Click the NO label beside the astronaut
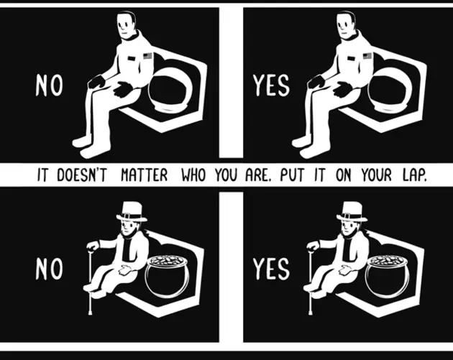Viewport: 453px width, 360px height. coord(49,85)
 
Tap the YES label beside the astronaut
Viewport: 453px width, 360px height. coord(271,85)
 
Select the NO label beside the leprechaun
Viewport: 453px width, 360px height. coord(49,269)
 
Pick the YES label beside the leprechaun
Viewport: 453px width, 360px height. coord(271,269)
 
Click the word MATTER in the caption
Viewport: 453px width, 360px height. coord(144,175)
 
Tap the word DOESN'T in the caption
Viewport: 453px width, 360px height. coord(82,175)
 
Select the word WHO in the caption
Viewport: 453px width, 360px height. coord(193,175)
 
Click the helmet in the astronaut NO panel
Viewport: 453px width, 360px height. coord(170,94)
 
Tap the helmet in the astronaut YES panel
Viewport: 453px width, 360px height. coord(390,94)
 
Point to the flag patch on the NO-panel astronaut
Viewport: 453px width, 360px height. coord(147,56)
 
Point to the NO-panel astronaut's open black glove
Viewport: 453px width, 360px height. coord(123,88)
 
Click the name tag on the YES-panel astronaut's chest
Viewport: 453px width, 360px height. coord(351,58)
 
